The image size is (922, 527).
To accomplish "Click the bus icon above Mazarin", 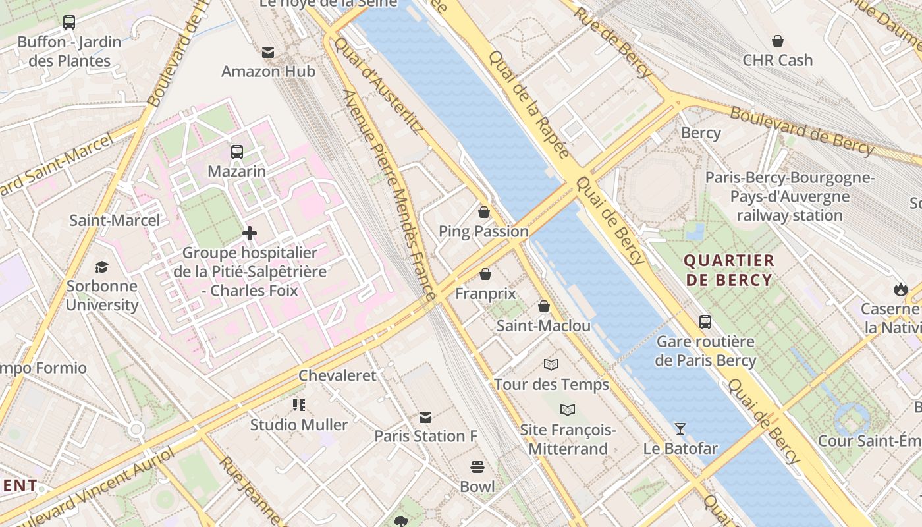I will click(x=237, y=152).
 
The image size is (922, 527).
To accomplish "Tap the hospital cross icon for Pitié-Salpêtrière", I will click(x=250, y=233).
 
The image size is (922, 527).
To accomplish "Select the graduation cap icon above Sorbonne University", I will click(x=101, y=267).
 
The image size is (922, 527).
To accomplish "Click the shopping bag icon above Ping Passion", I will click(x=484, y=212).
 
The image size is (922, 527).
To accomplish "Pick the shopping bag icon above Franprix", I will click(x=485, y=274).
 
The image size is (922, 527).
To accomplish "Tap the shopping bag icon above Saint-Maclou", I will click(x=544, y=306).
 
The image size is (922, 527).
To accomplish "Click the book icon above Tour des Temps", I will click(x=551, y=364).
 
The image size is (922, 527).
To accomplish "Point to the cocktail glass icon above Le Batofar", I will click(x=680, y=430).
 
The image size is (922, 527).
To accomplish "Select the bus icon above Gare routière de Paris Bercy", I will click(x=705, y=322).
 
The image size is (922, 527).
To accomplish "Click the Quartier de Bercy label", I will click(x=729, y=270).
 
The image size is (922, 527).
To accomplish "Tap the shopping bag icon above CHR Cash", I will click(x=778, y=41).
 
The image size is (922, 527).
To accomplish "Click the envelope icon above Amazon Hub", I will click(x=268, y=52).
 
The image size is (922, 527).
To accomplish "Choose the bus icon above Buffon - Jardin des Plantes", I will click(x=69, y=22).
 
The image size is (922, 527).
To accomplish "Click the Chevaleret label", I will click(x=337, y=375).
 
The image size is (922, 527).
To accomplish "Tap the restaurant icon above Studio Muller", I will click(x=299, y=405).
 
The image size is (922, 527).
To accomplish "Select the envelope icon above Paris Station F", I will click(x=425, y=417).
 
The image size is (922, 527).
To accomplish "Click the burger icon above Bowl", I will click(x=477, y=467).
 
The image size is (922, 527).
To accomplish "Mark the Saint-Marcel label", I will click(x=115, y=220).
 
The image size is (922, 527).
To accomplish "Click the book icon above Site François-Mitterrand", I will click(x=568, y=410).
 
